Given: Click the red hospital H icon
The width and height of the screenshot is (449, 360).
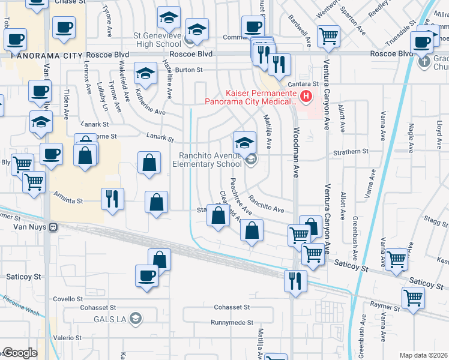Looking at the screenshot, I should click(x=306, y=95).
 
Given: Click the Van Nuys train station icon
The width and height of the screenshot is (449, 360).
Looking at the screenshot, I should click(x=53, y=227).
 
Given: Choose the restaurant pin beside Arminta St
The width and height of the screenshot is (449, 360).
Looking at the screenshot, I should click(x=112, y=199).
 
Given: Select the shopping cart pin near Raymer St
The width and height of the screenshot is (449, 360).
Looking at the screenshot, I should click(x=412, y=297).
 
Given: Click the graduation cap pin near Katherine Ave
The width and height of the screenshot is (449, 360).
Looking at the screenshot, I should click(x=145, y=74).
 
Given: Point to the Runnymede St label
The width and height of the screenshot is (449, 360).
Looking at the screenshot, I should click(x=231, y=322).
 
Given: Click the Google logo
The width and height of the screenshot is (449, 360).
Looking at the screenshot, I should click(x=19, y=353).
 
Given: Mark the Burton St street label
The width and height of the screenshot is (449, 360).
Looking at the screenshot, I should click(x=189, y=70).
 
